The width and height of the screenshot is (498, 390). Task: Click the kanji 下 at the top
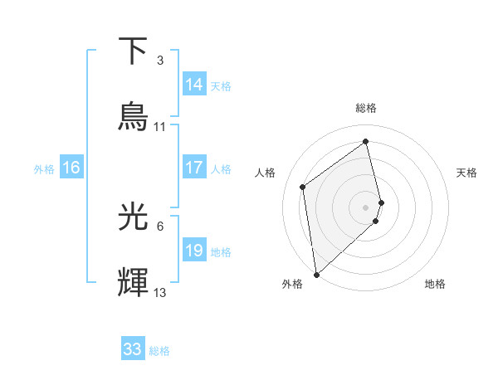coord(134,51)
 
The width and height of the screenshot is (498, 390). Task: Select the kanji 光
coord(134,217)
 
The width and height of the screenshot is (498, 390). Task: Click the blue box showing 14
coord(194,85)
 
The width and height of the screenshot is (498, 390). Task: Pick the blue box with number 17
coord(194,168)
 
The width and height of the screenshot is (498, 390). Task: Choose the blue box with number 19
coord(194,251)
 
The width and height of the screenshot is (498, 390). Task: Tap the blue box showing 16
coord(71,168)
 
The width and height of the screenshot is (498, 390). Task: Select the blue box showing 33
coord(133,349)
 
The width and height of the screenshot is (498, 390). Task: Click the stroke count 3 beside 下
coord(159,61)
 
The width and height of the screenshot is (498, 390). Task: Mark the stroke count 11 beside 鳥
coord(160,127)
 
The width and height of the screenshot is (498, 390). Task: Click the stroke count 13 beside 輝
coord(160,292)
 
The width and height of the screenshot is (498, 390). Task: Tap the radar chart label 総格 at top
coord(366,108)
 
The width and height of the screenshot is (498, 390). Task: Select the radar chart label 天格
coord(467,173)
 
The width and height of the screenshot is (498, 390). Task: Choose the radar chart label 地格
coord(435,284)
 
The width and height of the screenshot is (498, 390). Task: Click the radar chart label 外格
coord(292,284)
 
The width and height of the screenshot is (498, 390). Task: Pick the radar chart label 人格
coord(266,173)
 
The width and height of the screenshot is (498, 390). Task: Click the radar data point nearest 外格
coord(316,274)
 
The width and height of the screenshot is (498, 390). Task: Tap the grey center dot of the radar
coord(366,207)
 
